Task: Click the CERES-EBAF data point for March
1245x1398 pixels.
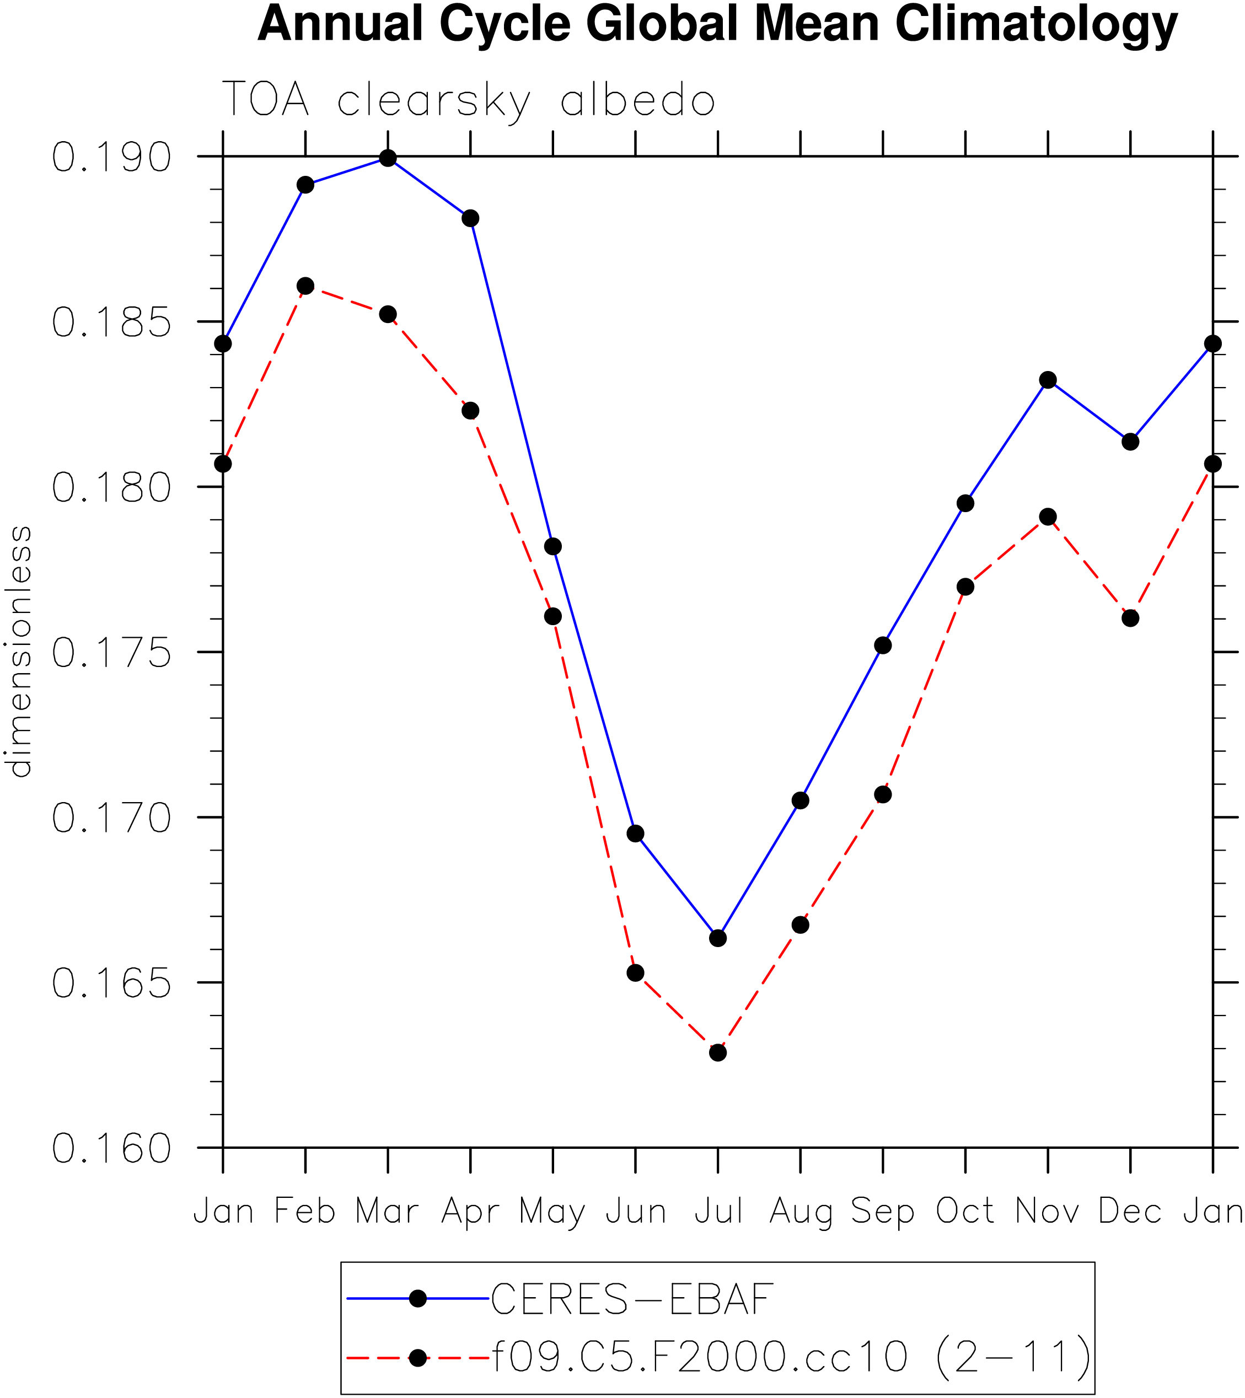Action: [388, 159]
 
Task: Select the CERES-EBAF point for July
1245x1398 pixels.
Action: [717, 938]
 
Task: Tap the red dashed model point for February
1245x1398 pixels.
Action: [305, 286]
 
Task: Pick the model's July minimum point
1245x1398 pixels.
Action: [717, 1052]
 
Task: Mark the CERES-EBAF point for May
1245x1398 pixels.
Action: [552, 546]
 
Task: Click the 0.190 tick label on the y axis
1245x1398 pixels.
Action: [111, 157]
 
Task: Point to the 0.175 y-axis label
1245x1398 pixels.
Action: [111, 653]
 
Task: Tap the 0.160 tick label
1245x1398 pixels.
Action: [111, 1148]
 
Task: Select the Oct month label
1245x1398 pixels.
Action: [964, 1212]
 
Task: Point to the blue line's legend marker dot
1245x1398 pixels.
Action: [417, 1299]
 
